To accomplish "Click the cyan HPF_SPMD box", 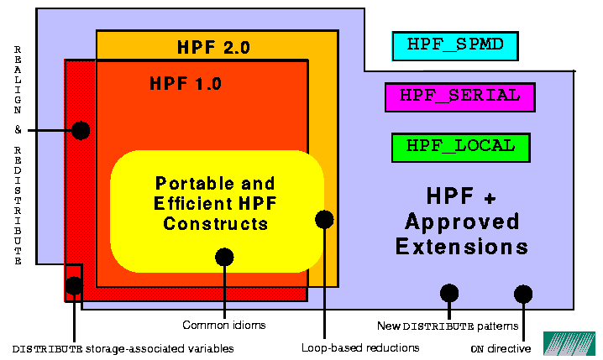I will [455, 45].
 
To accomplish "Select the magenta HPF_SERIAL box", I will [459, 97].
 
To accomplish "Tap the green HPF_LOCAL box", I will [459, 146].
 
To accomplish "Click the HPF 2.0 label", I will [213, 48].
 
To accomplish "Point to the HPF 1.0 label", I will [186, 83].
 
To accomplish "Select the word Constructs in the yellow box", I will [215, 223].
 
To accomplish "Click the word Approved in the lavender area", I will [462, 222].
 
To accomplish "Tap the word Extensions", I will [462, 247].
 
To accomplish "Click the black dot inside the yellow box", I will [224, 257].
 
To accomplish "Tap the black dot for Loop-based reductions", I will [324, 220].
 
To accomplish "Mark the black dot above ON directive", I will [523, 294].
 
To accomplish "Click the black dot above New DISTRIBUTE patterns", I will [449, 293].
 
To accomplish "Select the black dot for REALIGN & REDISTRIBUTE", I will [81, 130].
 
